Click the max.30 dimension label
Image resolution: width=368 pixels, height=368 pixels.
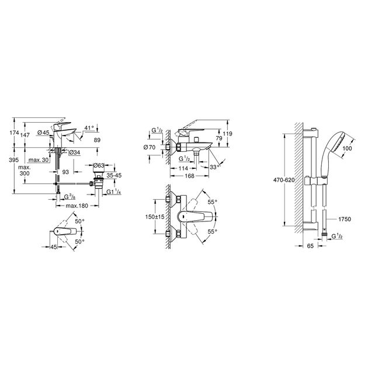click(x=39, y=160)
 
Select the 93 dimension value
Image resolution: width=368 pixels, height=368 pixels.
click(x=67, y=171)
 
